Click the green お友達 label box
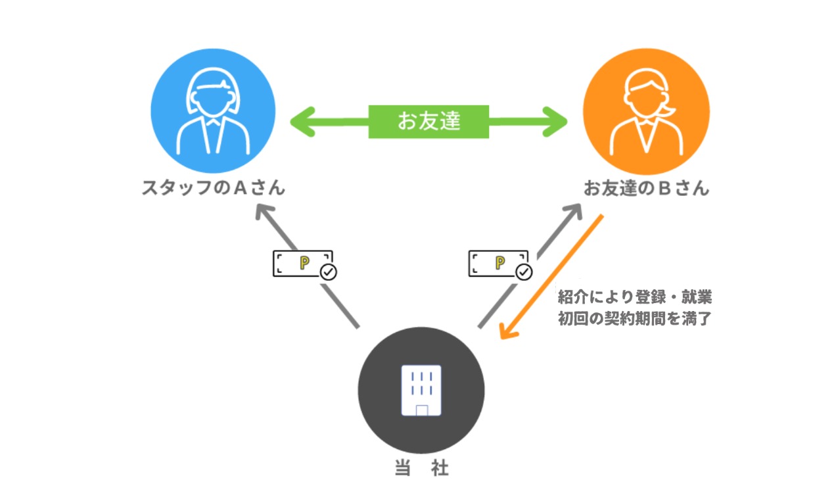429,121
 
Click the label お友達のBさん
647,188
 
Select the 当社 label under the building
421,468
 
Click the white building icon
421,391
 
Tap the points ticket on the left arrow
301,263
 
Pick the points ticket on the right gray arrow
498,263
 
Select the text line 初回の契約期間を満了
634,319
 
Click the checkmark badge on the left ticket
328,272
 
